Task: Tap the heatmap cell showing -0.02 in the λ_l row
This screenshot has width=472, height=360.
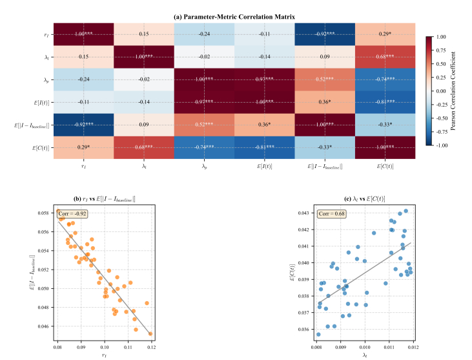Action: tap(205, 57)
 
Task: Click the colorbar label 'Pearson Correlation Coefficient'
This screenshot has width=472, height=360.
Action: tap(458, 91)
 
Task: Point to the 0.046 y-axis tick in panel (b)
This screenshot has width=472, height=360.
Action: tap(45, 326)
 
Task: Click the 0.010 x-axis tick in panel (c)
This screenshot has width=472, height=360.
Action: tap(365, 346)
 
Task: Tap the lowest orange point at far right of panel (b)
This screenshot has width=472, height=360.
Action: tap(150, 334)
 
